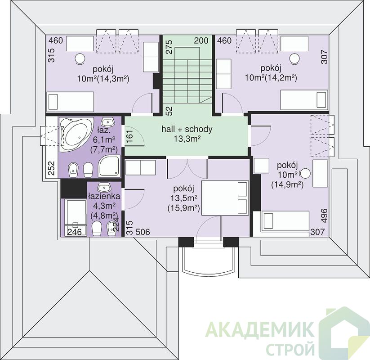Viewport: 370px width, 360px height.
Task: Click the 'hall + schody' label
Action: tap(187, 129)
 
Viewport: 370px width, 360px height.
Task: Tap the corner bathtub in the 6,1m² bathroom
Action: tap(76, 135)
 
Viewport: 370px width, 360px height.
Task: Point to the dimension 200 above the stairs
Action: tap(201, 40)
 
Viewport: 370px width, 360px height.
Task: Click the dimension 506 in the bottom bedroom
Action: tap(143, 232)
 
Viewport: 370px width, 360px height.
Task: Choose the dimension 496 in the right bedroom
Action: tap(325, 215)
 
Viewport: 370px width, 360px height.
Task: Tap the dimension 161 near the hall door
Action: tap(129, 136)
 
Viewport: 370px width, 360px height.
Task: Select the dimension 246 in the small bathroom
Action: tap(75, 232)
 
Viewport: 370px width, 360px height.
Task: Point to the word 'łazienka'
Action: tap(104, 196)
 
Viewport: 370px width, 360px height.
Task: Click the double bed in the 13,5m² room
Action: tap(225, 198)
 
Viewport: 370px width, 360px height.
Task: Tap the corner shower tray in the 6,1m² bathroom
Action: tap(109, 166)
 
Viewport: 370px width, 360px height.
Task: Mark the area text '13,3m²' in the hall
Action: tap(187, 139)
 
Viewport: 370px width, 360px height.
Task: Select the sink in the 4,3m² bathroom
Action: tap(103, 188)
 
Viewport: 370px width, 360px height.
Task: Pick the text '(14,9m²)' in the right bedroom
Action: tap(287, 184)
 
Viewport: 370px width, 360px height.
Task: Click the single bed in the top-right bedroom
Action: tap(304, 100)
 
